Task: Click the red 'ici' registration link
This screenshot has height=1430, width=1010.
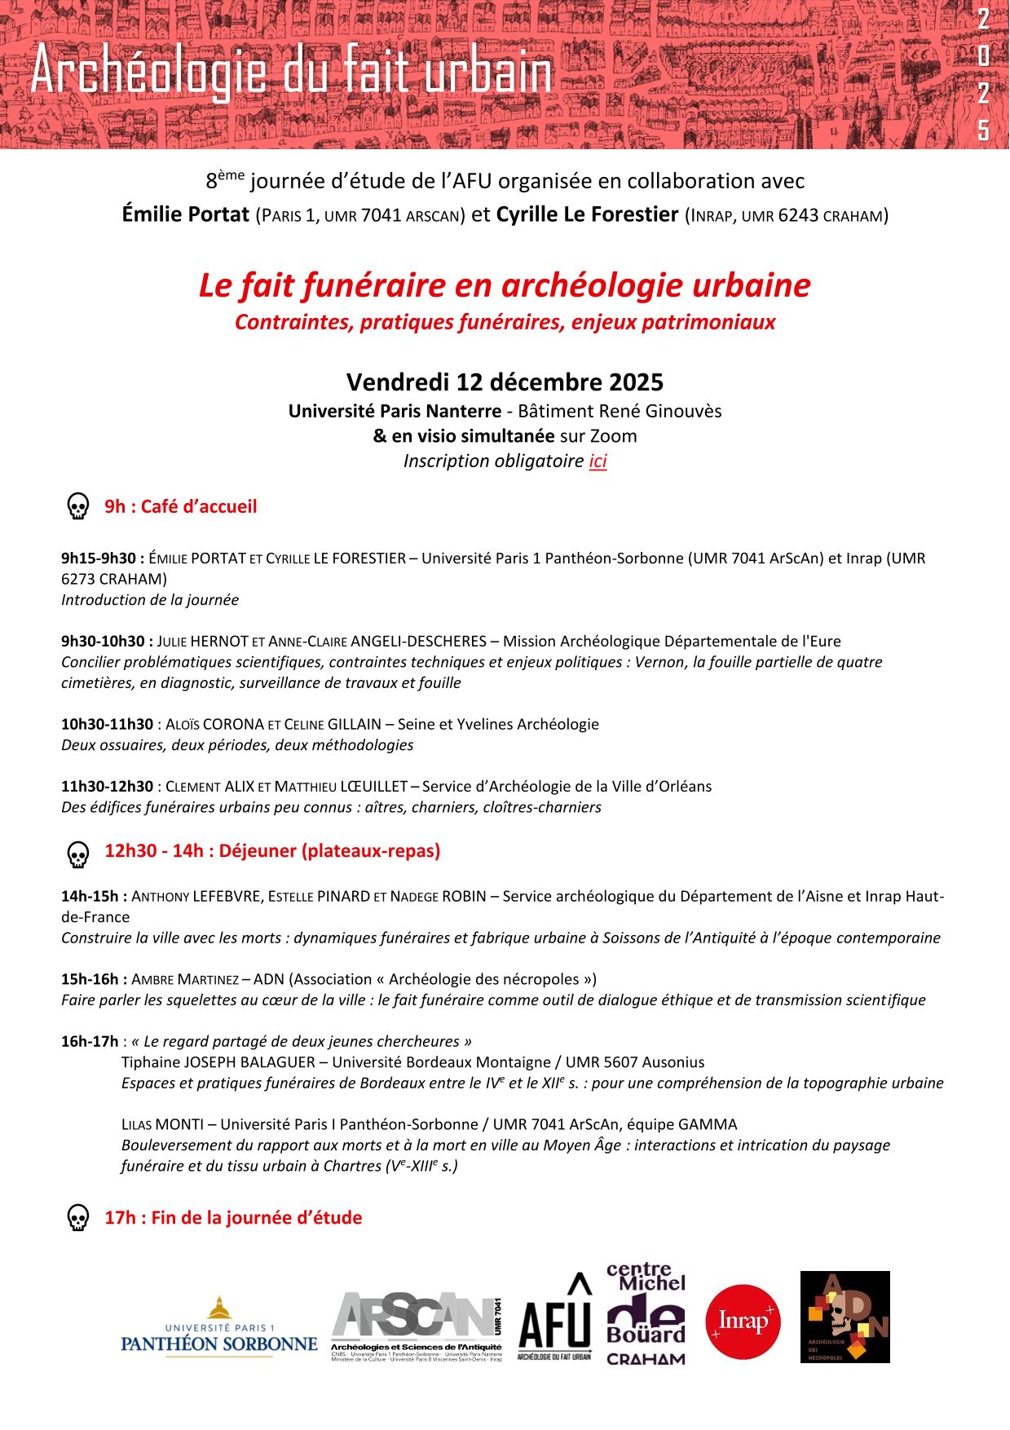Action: tap(598, 461)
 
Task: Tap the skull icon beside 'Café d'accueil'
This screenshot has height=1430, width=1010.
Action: tap(77, 506)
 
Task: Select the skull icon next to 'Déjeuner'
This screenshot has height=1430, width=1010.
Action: tap(77, 854)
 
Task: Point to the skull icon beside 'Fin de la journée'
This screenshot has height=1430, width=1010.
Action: tap(77, 1218)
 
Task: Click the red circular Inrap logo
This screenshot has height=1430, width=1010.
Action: tap(742, 1322)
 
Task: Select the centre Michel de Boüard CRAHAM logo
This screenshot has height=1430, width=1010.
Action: tap(646, 1314)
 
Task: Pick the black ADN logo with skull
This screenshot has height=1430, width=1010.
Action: tap(845, 1317)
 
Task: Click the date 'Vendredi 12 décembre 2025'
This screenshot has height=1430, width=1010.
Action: tap(505, 382)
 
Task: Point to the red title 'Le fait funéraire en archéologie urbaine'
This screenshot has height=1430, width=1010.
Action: tap(505, 285)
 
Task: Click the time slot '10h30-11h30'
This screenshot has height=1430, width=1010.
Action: tap(107, 724)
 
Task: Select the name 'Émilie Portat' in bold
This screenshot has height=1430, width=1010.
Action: tap(185, 214)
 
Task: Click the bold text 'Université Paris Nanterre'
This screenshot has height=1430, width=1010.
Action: tap(395, 411)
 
